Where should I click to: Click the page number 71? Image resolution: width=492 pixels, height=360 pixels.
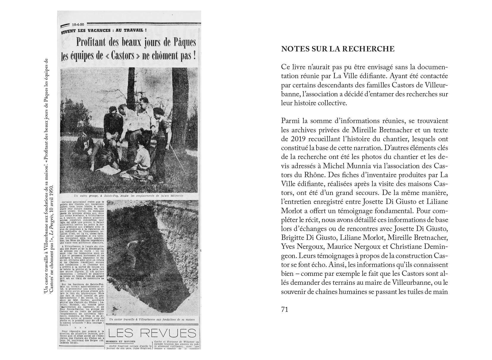point(285,309)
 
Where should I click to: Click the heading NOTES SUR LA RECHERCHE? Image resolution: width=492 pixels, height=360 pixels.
point(338,49)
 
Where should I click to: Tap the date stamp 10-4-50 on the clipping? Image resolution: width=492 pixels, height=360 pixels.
point(78,25)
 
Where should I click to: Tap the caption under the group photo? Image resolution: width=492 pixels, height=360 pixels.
point(129,196)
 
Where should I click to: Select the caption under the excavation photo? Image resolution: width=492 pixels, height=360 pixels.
point(152,320)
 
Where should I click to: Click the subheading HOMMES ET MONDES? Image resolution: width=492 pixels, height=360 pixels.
point(120,342)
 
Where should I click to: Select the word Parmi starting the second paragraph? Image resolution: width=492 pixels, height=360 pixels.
point(290,121)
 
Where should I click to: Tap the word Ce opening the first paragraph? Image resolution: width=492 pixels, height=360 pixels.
point(286,67)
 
